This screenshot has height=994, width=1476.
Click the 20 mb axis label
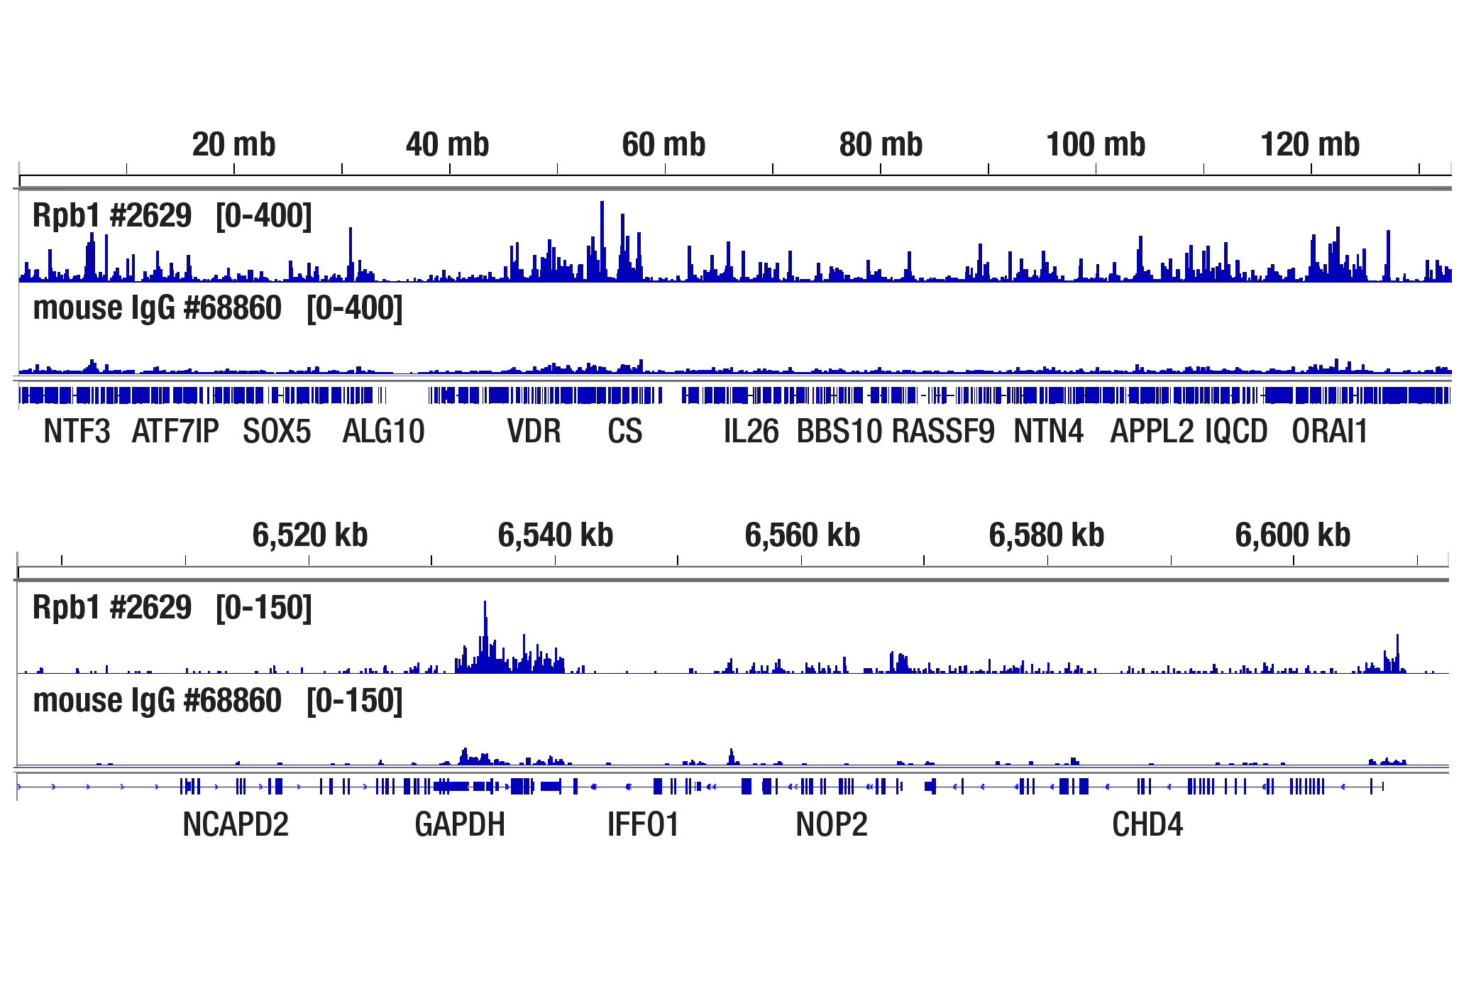(x=233, y=145)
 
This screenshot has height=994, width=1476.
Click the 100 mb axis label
(x=1096, y=145)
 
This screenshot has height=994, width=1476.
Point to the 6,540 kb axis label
(x=555, y=535)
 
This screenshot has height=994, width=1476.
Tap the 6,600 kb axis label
(x=1292, y=535)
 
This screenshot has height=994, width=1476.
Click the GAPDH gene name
(x=460, y=825)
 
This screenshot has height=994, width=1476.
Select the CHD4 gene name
(x=1147, y=825)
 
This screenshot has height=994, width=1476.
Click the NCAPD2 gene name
(x=236, y=825)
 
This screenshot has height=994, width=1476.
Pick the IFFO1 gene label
(x=643, y=825)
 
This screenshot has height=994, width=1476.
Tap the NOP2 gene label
(x=832, y=825)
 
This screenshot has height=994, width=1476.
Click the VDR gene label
(x=534, y=432)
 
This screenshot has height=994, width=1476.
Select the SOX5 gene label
(x=277, y=432)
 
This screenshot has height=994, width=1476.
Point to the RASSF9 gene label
(x=943, y=432)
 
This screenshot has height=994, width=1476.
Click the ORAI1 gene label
(x=1329, y=432)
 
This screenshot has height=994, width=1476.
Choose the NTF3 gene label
(x=77, y=432)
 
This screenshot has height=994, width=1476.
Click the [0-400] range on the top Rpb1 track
(x=263, y=216)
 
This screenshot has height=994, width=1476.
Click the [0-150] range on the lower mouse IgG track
(x=354, y=701)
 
